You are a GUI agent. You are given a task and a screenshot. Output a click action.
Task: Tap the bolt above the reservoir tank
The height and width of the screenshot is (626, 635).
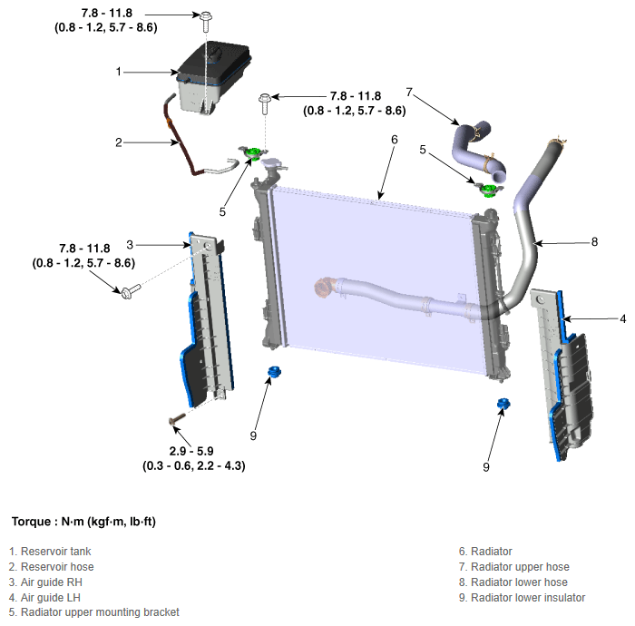(206, 22)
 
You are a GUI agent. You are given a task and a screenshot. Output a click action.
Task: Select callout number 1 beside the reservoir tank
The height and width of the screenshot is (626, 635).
(118, 72)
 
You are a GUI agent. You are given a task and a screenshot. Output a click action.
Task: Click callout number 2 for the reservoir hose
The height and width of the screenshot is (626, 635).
(118, 142)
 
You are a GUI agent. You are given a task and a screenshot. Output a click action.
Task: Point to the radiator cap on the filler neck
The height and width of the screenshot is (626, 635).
(273, 163)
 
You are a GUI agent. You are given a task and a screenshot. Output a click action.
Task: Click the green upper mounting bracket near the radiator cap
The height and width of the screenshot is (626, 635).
(253, 153)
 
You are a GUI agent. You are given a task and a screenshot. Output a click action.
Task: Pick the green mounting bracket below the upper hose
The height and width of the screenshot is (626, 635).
(489, 190)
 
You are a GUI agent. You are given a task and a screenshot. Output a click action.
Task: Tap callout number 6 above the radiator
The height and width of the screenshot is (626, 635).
(395, 140)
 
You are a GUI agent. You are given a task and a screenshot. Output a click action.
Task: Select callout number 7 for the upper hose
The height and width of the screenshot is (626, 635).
(409, 93)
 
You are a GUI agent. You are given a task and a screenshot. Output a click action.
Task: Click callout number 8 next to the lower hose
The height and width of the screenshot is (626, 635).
(594, 241)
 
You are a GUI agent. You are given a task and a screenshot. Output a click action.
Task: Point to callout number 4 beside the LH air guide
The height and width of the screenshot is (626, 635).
(623, 319)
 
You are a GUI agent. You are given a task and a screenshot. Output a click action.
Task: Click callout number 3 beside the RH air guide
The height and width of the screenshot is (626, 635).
(130, 245)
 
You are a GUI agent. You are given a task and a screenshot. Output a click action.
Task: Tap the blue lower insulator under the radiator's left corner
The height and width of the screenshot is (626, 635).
(274, 371)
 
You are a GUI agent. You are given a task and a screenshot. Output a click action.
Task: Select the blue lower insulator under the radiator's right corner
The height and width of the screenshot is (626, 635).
(503, 404)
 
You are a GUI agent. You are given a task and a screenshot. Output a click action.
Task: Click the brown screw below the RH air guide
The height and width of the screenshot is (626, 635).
(177, 418)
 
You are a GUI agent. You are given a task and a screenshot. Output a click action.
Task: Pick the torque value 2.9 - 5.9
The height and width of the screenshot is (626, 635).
(191, 451)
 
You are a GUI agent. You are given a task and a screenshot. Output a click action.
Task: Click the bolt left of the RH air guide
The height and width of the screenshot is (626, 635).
(130, 291)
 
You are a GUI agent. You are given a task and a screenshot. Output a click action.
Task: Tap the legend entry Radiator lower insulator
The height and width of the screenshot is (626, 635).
(522, 598)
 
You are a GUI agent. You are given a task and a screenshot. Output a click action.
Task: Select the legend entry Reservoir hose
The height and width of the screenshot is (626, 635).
(51, 567)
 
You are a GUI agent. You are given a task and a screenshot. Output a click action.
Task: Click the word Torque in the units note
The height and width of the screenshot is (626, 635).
(31, 522)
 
